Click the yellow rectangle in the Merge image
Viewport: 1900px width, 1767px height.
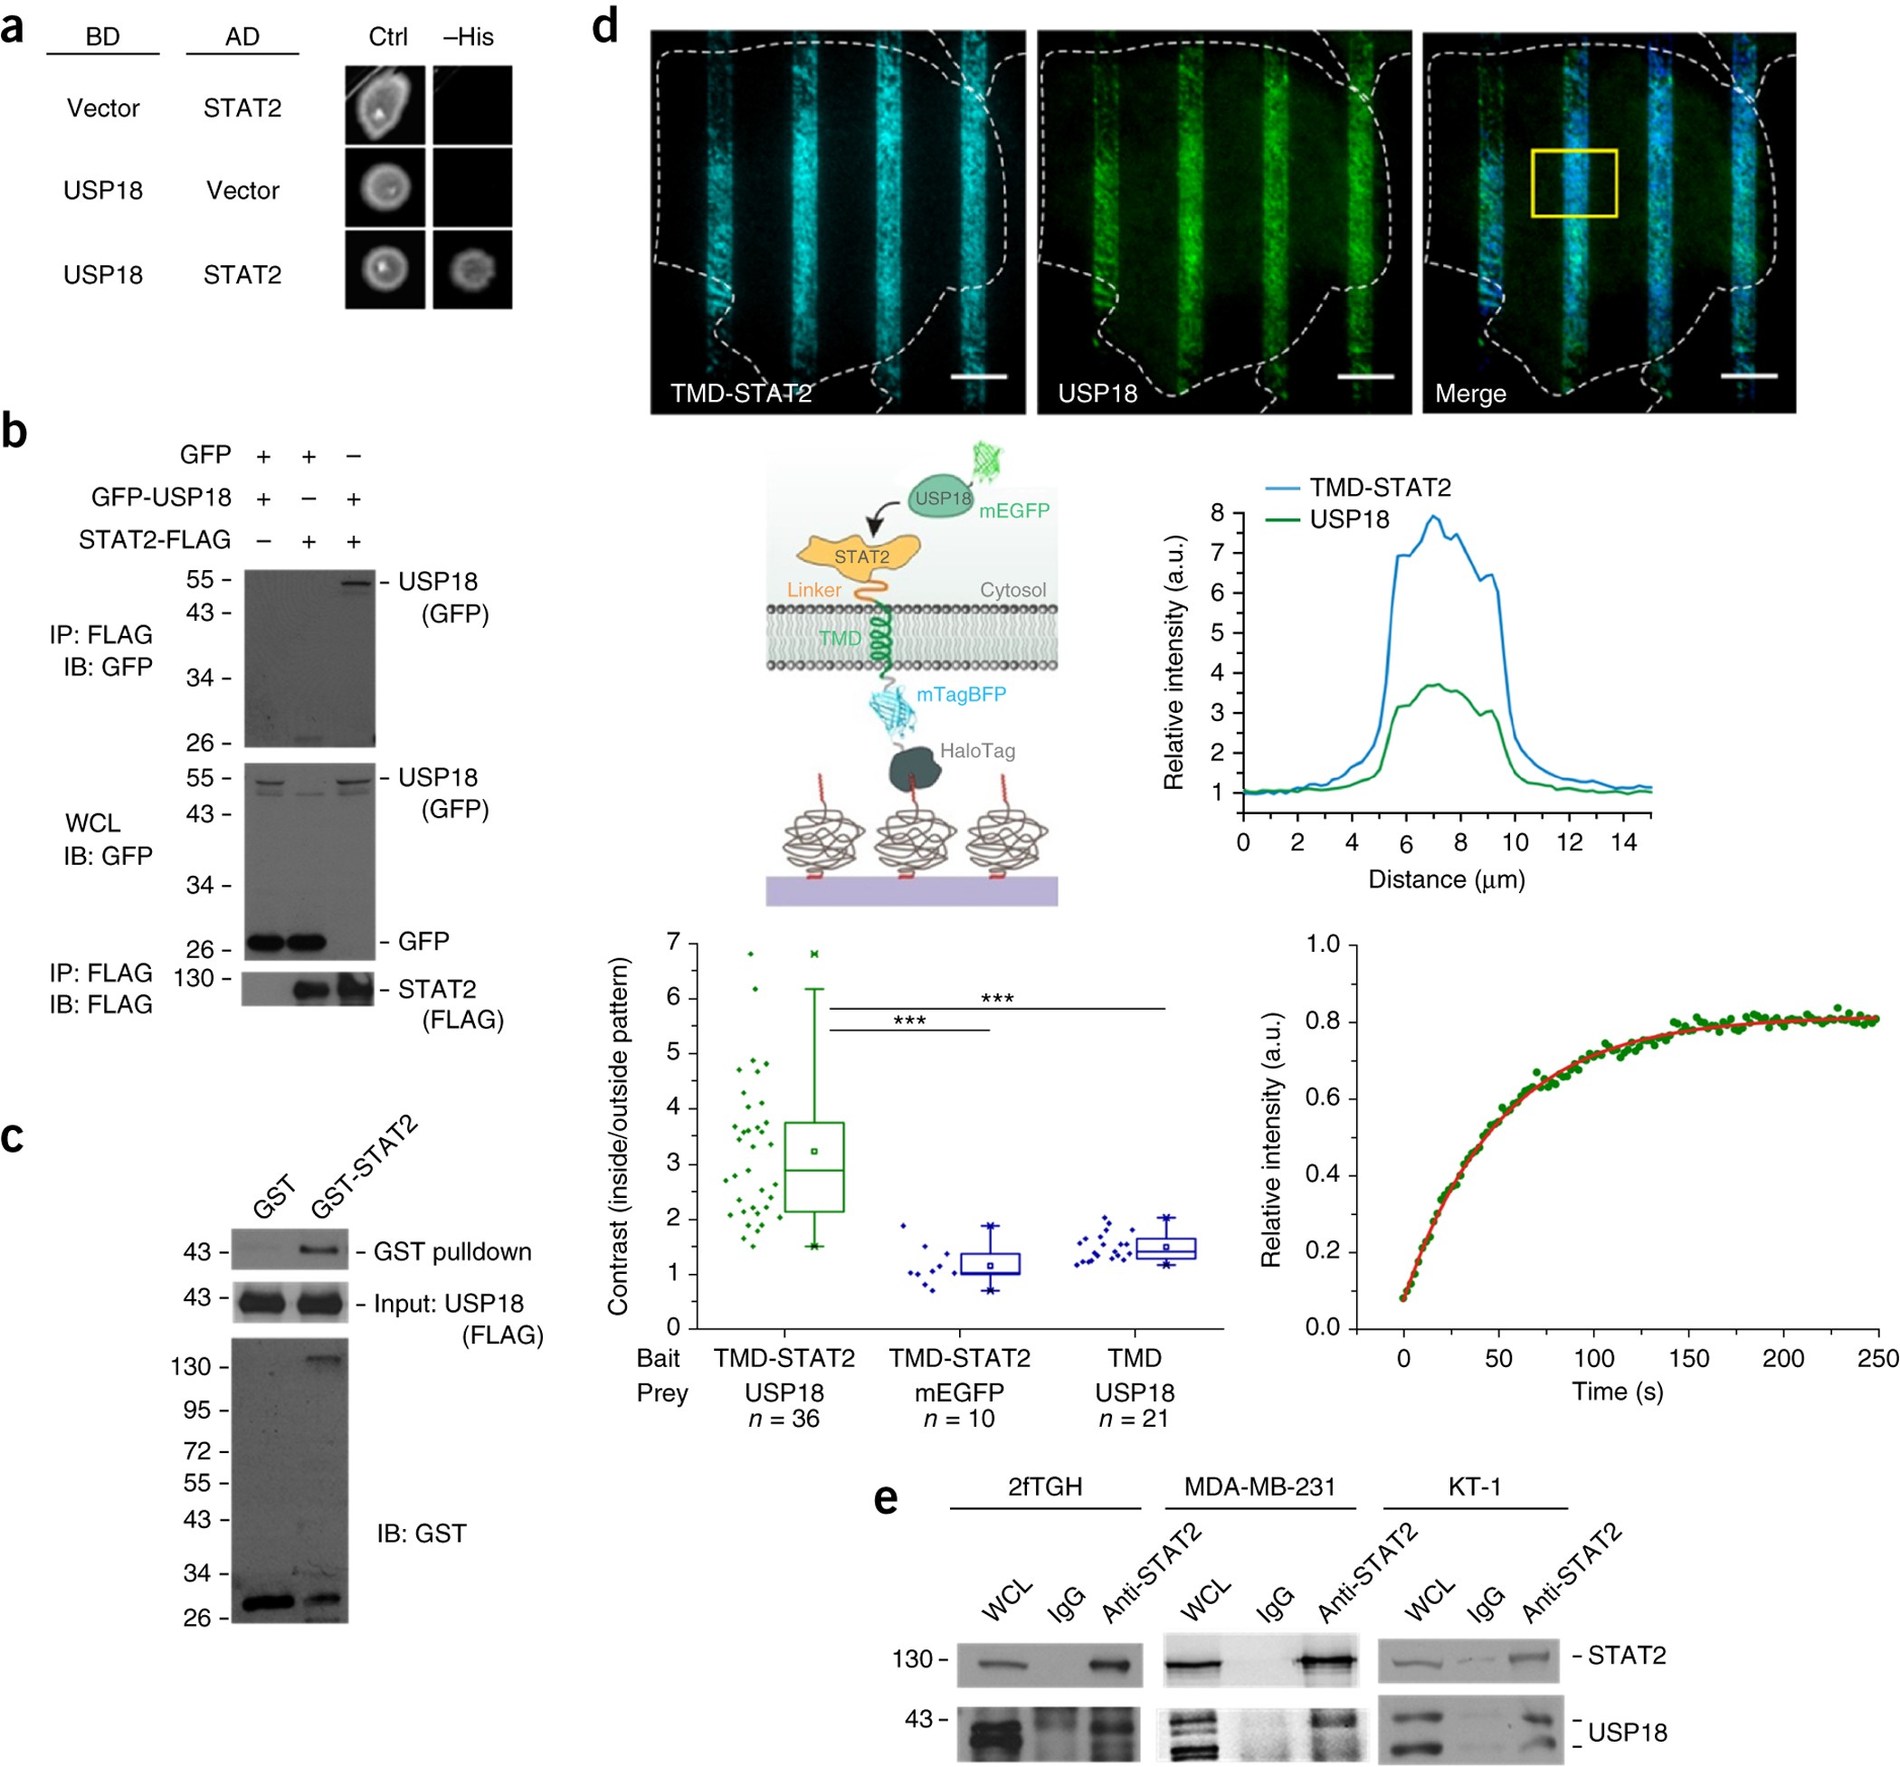[x=1573, y=183]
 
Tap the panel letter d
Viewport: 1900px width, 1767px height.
[x=605, y=27]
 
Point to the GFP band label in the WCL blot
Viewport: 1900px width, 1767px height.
[x=423, y=941]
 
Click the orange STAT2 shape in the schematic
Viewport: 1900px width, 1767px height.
[x=860, y=554]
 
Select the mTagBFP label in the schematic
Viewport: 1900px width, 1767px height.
[x=961, y=694]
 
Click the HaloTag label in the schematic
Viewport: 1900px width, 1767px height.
[x=977, y=750]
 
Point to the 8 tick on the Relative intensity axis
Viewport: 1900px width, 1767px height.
[x=1217, y=513]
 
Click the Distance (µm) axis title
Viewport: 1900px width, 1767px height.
[x=1445, y=879]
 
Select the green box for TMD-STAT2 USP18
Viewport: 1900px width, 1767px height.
[x=813, y=1166]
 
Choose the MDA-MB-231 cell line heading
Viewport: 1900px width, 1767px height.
[x=1259, y=1487]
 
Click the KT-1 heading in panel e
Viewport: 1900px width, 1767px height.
[x=1474, y=1487]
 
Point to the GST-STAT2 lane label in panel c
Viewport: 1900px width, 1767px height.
[x=364, y=1167]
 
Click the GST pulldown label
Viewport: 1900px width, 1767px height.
[x=451, y=1251]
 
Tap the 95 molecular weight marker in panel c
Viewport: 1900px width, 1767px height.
[x=197, y=1410]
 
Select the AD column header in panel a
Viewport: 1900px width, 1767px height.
[x=242, y=36]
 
